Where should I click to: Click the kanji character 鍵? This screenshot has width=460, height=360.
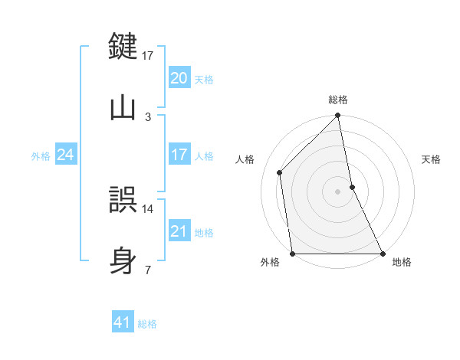pyautogui.click(x=123, y=46)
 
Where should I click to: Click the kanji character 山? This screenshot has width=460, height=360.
pyautogui.click(x=123, y=107)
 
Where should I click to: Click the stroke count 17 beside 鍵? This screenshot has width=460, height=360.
pyautogui.click(x=148, y=55)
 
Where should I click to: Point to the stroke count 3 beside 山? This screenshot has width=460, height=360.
pyautogui.click(x=148, y=116)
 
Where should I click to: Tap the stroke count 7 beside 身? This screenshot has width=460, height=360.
pyautogui.click(x=148, y=270)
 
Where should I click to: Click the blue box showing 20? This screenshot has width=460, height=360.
pyautogui.click(x=179, y=78)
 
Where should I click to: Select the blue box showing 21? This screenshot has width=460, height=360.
pyautogui.click(x=179, y=231)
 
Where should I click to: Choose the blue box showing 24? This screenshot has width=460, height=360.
pyautogui.click(x=66, y=155)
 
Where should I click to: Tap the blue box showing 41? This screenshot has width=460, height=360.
pyautogui.click(x=123, y=322)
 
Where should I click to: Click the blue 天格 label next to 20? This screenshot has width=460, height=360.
pyautogui.click(x=204, y=79)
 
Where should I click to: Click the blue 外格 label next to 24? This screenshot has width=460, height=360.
pyautogui.click(x=41, y=155)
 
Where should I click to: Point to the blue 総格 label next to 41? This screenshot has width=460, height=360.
pyautogui.click(x=147, y=323)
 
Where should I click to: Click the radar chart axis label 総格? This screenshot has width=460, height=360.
pyautogui.click(x=338, y=100)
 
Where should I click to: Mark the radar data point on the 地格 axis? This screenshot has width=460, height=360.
pyautogui.click(x=383, y=254)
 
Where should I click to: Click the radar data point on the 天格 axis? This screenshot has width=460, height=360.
pyautogui.click(x=352, y=187)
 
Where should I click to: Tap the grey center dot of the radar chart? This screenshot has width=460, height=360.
pyautogui.click(x=338, y=191)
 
